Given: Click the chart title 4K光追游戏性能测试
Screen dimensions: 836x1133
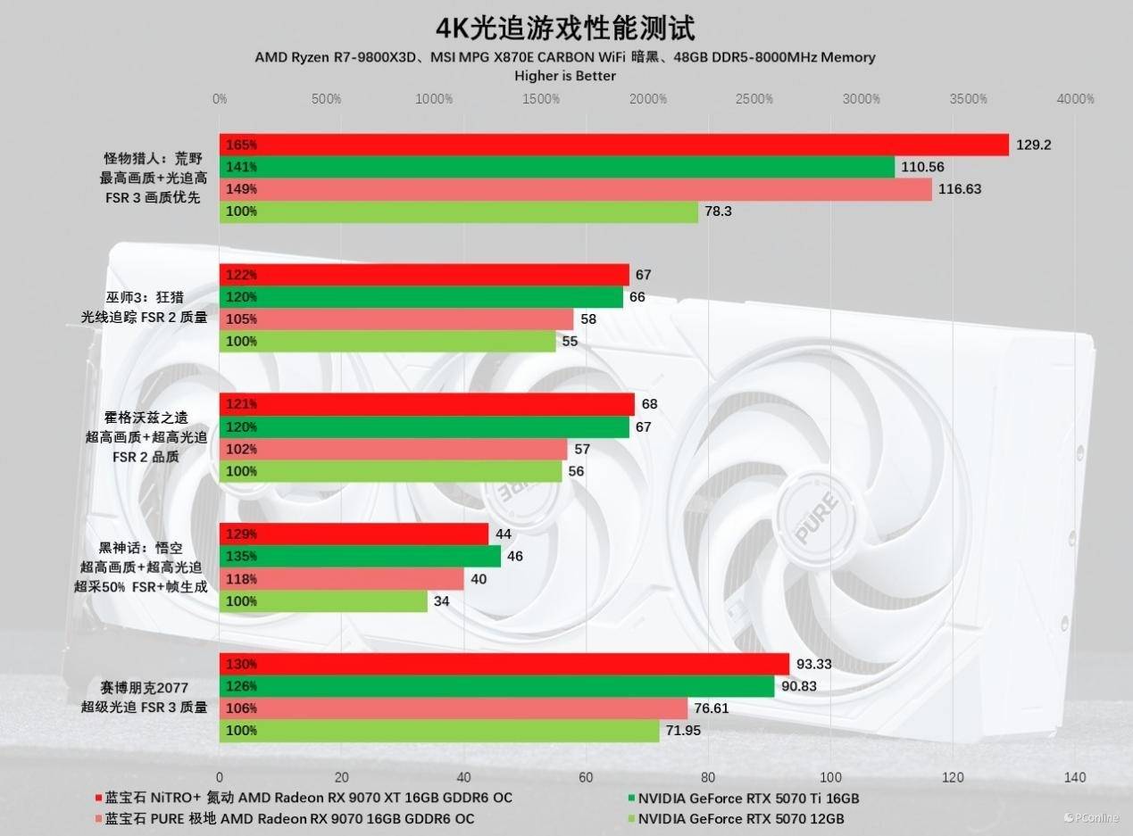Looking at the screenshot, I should point(565,27).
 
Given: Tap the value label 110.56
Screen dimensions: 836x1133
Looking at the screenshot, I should point(922,167).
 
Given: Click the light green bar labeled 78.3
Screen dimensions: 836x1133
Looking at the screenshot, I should point(459,211).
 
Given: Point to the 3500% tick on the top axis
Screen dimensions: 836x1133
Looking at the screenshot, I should point(968,99).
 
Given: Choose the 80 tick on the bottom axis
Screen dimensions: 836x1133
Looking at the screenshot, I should point(709,776).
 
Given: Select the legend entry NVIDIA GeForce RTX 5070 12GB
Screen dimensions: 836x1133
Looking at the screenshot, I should point(740,818).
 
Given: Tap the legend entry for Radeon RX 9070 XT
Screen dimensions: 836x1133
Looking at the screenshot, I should point(304,798).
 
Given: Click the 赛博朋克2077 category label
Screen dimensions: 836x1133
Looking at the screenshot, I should point(145,687).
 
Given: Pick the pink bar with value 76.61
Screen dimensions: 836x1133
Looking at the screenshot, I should point(454,708).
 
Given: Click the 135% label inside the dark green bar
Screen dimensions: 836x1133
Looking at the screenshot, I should point(242,557).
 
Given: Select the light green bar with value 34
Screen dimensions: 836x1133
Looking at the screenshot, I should point(323,601).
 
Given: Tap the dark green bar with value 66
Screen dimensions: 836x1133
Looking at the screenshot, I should point(421,297).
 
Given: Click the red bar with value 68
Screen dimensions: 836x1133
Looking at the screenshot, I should point(427,404).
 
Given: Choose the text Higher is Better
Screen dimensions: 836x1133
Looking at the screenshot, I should point(565,76).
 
